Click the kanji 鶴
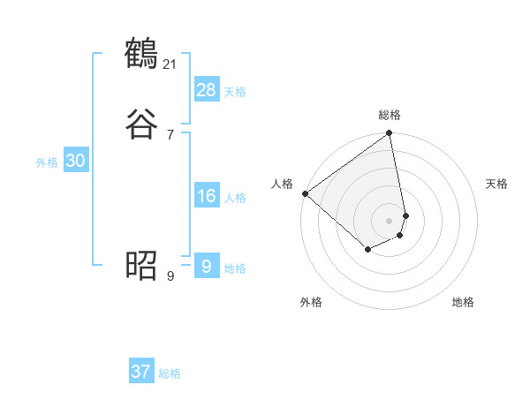141,55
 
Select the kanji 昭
141,264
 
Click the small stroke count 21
170,64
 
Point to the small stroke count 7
170,134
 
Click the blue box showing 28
207,89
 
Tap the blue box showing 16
207,196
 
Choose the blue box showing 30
76,161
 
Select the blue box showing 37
141,372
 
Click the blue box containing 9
206,266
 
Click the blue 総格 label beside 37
170,373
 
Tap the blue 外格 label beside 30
47,162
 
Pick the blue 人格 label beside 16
235,198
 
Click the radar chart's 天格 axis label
496,184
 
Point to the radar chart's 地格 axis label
463,302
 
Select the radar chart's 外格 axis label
311,302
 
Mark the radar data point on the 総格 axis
390,134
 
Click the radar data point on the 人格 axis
305,193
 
